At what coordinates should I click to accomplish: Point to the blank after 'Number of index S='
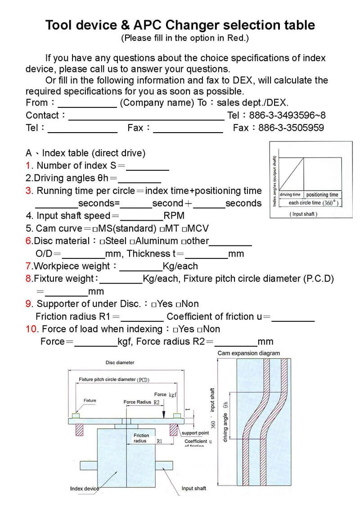point(148,166)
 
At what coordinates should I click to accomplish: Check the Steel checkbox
point(103,241)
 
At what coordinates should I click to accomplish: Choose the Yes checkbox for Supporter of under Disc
point(154,304)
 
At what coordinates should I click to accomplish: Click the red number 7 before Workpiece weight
point(28,266)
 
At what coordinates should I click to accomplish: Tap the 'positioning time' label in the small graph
point(322,195)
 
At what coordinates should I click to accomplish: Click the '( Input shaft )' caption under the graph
point(303,214)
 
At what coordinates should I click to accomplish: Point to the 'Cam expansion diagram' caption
point(248,353)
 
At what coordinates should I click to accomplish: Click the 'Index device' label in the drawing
point(84,489)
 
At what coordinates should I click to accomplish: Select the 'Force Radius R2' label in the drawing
point(142,402)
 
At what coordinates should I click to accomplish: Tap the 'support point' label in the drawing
point(195,433)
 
